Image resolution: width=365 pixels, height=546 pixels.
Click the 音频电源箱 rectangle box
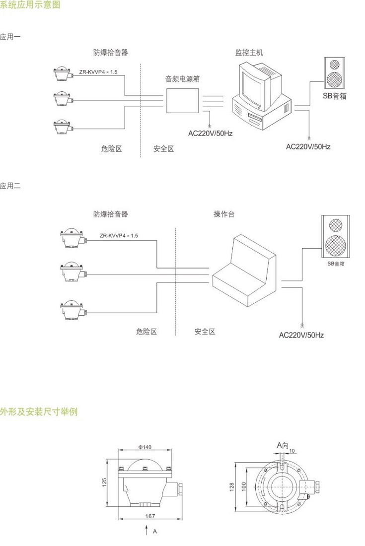(x=182, y=101)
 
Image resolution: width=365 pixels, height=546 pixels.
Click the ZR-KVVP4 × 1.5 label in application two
(x=119, y=236)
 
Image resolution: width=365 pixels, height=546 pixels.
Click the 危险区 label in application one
(x=111, y=148)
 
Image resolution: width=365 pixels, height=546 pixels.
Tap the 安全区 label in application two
(x=205, y=332)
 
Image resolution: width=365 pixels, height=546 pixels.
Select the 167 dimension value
(x=150, y=516)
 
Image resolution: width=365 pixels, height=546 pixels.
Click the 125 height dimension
(x=105, y=482)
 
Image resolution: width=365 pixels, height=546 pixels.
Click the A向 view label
(x=282, y=445)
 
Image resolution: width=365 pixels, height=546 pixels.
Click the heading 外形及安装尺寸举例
(x=39, y=412)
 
